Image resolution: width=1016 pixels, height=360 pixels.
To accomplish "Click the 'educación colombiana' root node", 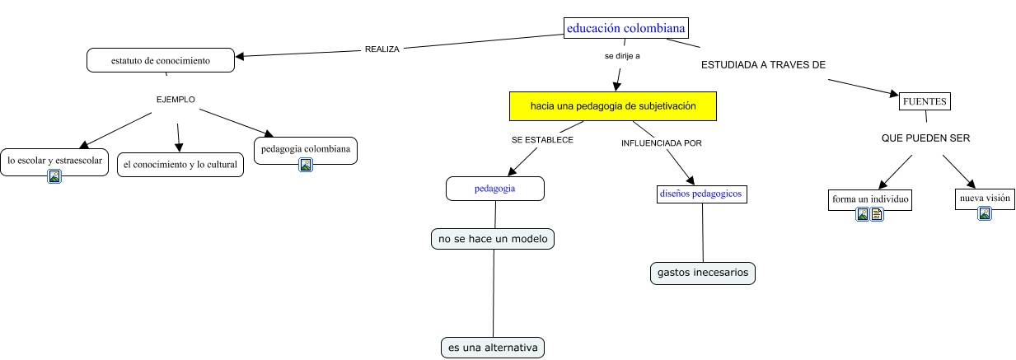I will click(625, 28).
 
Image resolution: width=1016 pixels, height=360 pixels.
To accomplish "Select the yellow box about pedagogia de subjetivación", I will click(613, 106).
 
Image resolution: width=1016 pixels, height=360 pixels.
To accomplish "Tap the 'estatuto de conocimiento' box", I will click(161, 60).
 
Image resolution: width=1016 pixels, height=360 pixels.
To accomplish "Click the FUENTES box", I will click(925, 101).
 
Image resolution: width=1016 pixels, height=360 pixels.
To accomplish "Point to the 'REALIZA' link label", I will click(382, 49).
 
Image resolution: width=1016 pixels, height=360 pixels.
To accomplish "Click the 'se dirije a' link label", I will click(622, 57).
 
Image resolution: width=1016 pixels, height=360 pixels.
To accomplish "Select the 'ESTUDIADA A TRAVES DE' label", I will click(763, 64).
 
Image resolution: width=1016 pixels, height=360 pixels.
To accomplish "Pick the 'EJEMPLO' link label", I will click(176, 100).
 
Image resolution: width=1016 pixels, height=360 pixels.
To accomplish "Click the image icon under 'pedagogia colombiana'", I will click(305, 165).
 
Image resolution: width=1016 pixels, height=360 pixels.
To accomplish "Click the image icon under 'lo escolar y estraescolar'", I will click(54, 175).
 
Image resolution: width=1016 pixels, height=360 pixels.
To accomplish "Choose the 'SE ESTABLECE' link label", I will click(542, 140).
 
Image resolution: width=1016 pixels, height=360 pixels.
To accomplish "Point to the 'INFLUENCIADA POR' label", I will click(661, 143).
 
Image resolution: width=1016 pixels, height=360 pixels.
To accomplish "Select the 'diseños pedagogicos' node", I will click(701, 194).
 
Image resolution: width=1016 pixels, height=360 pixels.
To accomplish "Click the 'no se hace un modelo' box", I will click(493, 239).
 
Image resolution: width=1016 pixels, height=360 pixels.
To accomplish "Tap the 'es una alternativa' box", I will click(493, 348).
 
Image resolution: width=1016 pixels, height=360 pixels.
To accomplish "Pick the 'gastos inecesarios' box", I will click(702, 272).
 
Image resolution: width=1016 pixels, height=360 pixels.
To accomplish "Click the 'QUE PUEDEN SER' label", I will click(925, 138).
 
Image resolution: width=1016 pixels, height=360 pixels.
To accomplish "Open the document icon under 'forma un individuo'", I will click(878, 215).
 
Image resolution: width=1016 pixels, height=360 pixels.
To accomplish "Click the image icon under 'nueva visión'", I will click(984, 214).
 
